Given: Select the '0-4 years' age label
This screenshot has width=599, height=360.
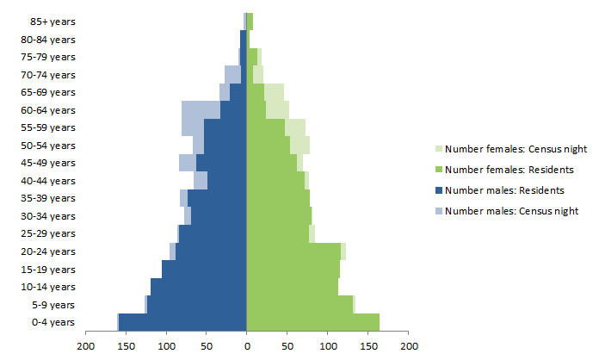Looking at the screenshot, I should coord(52,322).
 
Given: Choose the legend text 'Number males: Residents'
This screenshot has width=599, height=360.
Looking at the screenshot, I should coord(500,189).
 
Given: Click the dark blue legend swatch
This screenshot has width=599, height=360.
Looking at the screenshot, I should coord(438,189).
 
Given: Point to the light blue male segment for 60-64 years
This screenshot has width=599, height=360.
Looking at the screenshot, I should coord(201,109).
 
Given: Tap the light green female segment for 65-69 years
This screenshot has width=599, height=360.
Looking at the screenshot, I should coord(274,92).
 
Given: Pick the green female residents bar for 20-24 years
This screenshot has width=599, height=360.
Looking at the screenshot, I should coord(293,251).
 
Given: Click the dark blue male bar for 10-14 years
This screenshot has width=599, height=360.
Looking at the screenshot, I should coord(199,287).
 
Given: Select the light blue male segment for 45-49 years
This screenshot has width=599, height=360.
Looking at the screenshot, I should coord(188,163).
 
